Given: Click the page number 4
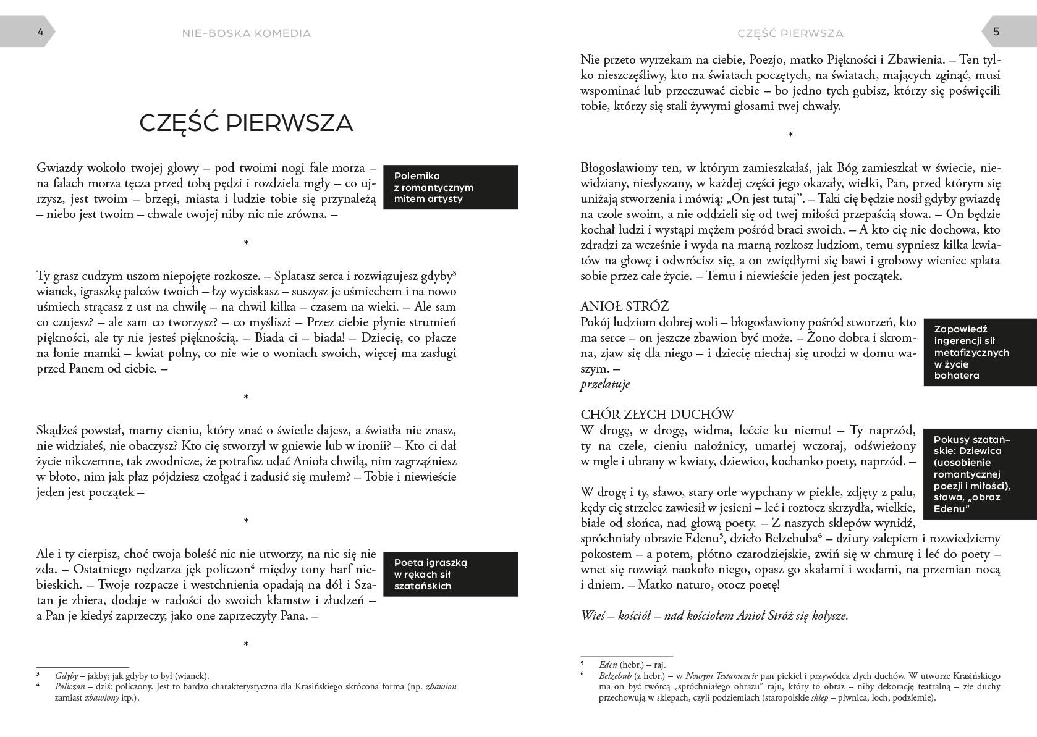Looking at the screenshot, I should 41,32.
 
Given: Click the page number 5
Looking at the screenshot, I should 996,32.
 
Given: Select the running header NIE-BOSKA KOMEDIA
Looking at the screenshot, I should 247,33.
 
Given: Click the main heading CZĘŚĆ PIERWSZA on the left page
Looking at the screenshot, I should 246,123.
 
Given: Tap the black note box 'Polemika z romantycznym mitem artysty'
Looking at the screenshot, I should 451,187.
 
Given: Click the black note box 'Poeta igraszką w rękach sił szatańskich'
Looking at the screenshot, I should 451,575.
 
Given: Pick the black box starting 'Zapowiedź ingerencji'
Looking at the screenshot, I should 980,352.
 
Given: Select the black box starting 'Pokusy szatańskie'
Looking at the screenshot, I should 980,474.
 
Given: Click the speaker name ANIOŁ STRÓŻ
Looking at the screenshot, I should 624,306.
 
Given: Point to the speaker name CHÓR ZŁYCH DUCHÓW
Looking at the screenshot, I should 657,415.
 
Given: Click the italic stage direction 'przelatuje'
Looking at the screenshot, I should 605,384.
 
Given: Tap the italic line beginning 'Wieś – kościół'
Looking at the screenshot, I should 714,616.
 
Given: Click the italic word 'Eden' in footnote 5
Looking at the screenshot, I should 608,665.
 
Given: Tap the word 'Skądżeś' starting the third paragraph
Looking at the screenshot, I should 59,431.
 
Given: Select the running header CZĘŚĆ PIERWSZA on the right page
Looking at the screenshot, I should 790,33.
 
